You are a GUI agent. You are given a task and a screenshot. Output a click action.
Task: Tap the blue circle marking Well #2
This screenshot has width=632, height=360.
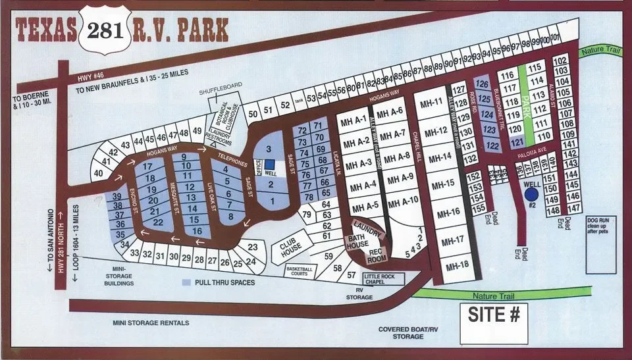coord(531,194)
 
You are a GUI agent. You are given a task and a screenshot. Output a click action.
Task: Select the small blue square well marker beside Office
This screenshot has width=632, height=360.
coord(269,165)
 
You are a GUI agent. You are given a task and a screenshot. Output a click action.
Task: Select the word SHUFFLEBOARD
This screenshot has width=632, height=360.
coord(220,93)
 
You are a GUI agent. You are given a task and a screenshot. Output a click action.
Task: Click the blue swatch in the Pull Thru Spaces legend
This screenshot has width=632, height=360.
coord(187,282)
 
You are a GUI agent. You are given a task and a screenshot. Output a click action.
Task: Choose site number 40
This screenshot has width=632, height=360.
coord(99,172)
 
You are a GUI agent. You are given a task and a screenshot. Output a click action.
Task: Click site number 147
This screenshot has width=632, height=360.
coord(573,207)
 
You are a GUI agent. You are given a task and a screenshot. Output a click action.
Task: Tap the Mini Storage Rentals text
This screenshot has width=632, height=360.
coord(151,322)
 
